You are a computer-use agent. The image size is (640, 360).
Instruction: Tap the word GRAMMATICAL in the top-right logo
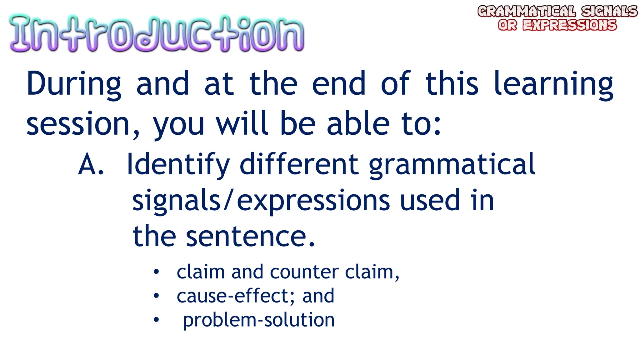pyautogui.click(x=526, y=12)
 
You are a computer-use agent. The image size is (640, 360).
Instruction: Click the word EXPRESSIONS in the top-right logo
pyautogui.click(x=570, y=25)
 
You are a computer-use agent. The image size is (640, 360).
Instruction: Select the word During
pyautogui.click(x=74, y=84)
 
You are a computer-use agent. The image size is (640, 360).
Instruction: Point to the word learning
pyautogui.click(x=553, y=84)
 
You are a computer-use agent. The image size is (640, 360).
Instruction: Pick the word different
pyautogui.click(x=299, y=164)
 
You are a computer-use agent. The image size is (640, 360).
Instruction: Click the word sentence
pyautogui.click(x=250, y=236)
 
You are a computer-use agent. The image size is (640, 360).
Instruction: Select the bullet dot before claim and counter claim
pyautogui.click(x=156, y=272)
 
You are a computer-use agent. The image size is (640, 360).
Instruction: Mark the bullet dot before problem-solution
pyautogui.click(x=156, y=320)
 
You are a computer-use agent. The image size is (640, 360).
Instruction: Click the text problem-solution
pyautogui.click(x=259, y=320)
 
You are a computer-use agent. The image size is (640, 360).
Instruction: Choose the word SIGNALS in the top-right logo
pyautogui.click(x=609, y=12)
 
